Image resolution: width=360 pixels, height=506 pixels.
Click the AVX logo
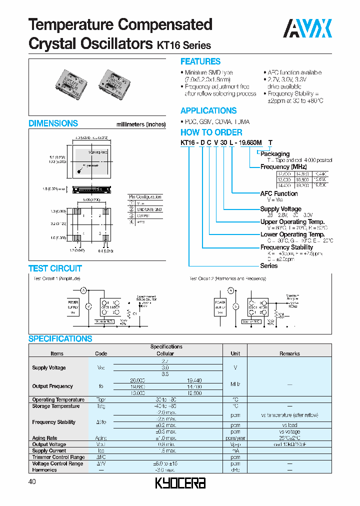pos(307,28)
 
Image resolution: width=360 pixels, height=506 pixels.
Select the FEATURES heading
pos(200,61)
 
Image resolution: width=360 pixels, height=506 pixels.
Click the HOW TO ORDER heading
pos(211,132)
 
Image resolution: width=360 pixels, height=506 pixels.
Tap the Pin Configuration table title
pos(145,197)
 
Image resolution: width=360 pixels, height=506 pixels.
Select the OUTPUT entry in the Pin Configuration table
pos(144,215)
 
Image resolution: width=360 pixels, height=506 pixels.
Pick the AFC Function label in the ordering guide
pos(278,193)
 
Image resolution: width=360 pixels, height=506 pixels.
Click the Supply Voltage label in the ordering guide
pos(280,209)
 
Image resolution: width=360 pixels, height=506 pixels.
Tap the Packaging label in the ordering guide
pos(274,154)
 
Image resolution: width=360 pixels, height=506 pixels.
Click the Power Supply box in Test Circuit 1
pos(73,305)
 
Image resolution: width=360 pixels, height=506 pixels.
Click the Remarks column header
pos(289,353)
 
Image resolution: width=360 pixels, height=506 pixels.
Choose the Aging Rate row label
pos(45,438)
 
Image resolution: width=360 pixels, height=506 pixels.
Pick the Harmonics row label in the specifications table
pos(44,470)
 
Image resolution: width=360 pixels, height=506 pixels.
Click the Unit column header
pos(235,353)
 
